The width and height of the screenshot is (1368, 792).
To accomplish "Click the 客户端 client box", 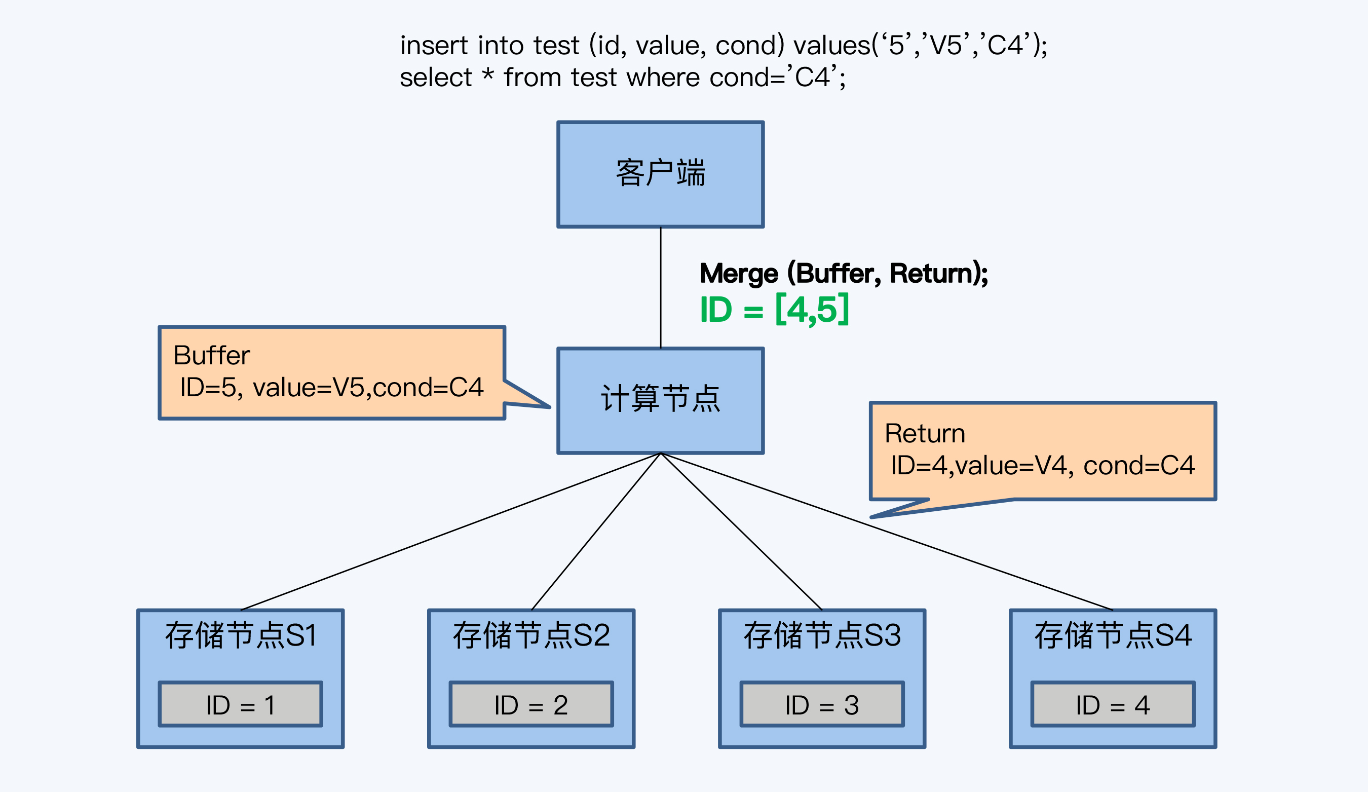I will [660, 174].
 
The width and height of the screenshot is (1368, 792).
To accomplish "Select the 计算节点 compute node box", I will [660, 400].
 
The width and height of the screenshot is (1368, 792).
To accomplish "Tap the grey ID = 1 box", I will [241, 704].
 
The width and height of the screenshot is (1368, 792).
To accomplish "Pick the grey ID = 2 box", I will [531, 704].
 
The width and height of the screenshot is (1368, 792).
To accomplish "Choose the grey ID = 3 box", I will [822, 704].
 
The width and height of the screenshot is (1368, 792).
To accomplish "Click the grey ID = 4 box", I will [1113, 704].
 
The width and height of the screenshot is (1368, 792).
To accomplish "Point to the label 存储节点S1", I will [241, 635].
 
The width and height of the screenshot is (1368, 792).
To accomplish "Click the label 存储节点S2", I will [531, 635].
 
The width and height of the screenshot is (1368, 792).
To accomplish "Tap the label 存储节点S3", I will [822, 635].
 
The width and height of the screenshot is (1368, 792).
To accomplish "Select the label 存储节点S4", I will [1113, 635].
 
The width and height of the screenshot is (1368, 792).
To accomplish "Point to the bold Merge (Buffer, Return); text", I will [844, 273].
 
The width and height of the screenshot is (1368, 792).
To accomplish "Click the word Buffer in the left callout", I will [211, 356].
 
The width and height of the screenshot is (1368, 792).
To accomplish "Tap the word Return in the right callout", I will [925, 433].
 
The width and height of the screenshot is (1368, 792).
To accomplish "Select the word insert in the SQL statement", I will [434, 45].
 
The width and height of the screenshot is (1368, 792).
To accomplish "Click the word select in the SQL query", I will [435, 77].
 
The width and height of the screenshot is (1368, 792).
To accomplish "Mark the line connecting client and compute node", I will [661, 288].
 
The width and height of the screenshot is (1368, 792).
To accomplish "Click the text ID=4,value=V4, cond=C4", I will [1042, 465].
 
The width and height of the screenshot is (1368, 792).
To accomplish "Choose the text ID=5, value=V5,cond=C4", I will [331, 388].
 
